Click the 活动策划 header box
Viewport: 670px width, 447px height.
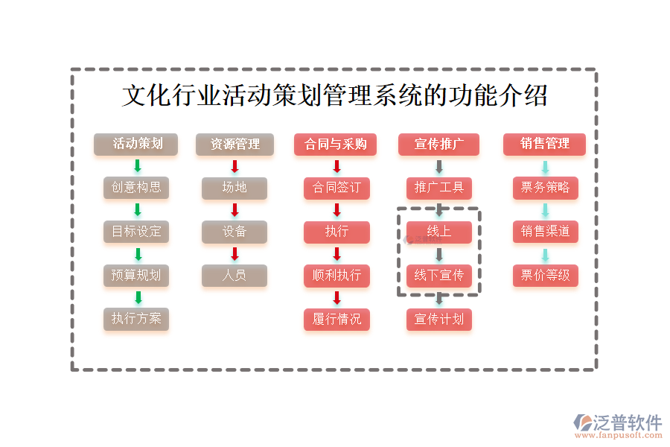[x=135, y=144]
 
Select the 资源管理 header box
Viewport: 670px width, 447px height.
[x=234, y=144]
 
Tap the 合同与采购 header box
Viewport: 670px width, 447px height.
[x=336, y=144]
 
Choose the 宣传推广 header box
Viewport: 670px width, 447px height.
[x=438, y=144]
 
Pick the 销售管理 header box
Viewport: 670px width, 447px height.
[x=544, y=144]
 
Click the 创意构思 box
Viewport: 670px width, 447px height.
[x=135, y=187]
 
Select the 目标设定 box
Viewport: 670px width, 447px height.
[x=135, y=231]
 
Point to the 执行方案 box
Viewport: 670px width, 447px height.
[x=135, y=319]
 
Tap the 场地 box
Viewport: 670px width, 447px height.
[x=234, y=187]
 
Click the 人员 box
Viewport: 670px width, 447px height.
[x=234, y=275]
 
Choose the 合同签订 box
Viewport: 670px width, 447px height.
[x=336, y=187]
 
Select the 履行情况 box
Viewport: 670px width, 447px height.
[x=336, y=319]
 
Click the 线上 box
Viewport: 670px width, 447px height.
[x=439, y=231]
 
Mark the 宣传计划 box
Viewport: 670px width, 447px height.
[x=439, y=319]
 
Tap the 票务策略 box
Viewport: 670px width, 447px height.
[x=545, y=187]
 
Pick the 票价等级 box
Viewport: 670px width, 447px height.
[x=545, y=275]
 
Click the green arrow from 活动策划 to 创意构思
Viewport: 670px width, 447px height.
[x=137, y=166]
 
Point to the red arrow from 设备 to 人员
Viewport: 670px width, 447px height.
[x=234, y=254]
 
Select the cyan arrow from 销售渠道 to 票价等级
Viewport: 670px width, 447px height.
[x=545, y=254]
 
